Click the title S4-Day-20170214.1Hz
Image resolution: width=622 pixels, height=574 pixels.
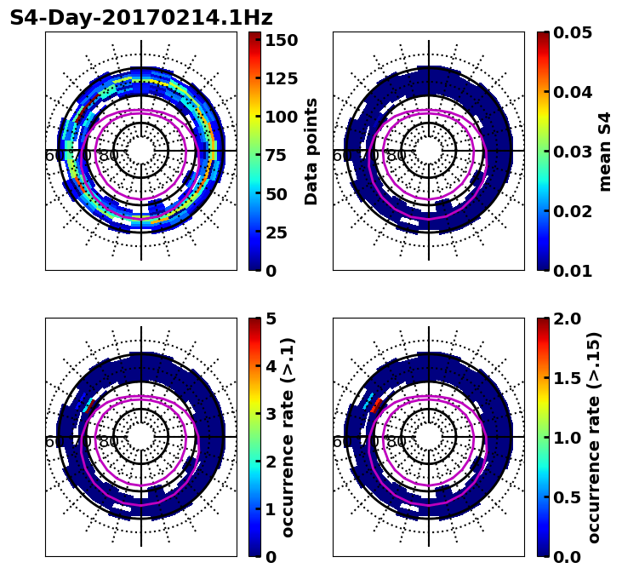tap(140, 18)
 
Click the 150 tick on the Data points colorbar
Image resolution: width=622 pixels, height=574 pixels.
tap(282, 40)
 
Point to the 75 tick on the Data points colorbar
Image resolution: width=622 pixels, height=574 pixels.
tap(282, 155)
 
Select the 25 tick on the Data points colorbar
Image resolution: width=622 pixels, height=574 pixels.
tap(282, 232)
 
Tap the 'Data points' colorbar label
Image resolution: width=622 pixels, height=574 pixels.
tap(311, 151)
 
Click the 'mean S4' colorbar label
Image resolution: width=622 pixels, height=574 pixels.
tap(605, 151)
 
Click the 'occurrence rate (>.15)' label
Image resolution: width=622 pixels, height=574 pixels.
tap(593, 438)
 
